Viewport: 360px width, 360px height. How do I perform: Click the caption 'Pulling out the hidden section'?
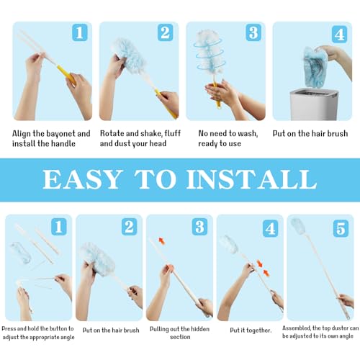[179, 332]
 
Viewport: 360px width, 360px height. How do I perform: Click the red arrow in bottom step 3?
[161, 241]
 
